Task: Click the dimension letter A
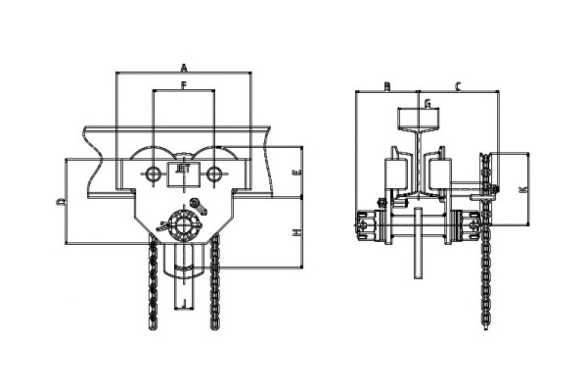[184, 67]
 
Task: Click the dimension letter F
[184, 87]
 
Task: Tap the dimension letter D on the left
[61, 202]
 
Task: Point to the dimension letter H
[295, 232]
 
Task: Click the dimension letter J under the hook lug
[184, 306]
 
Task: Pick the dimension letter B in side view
[387, 87]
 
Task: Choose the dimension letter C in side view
[457, 87]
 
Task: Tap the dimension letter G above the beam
[427, 103]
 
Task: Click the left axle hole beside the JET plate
[152, 174]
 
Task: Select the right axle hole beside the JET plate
[215, 174]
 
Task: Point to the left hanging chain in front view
[154, 284]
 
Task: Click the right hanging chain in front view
[213, 284]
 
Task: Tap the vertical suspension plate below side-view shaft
[419, 250]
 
